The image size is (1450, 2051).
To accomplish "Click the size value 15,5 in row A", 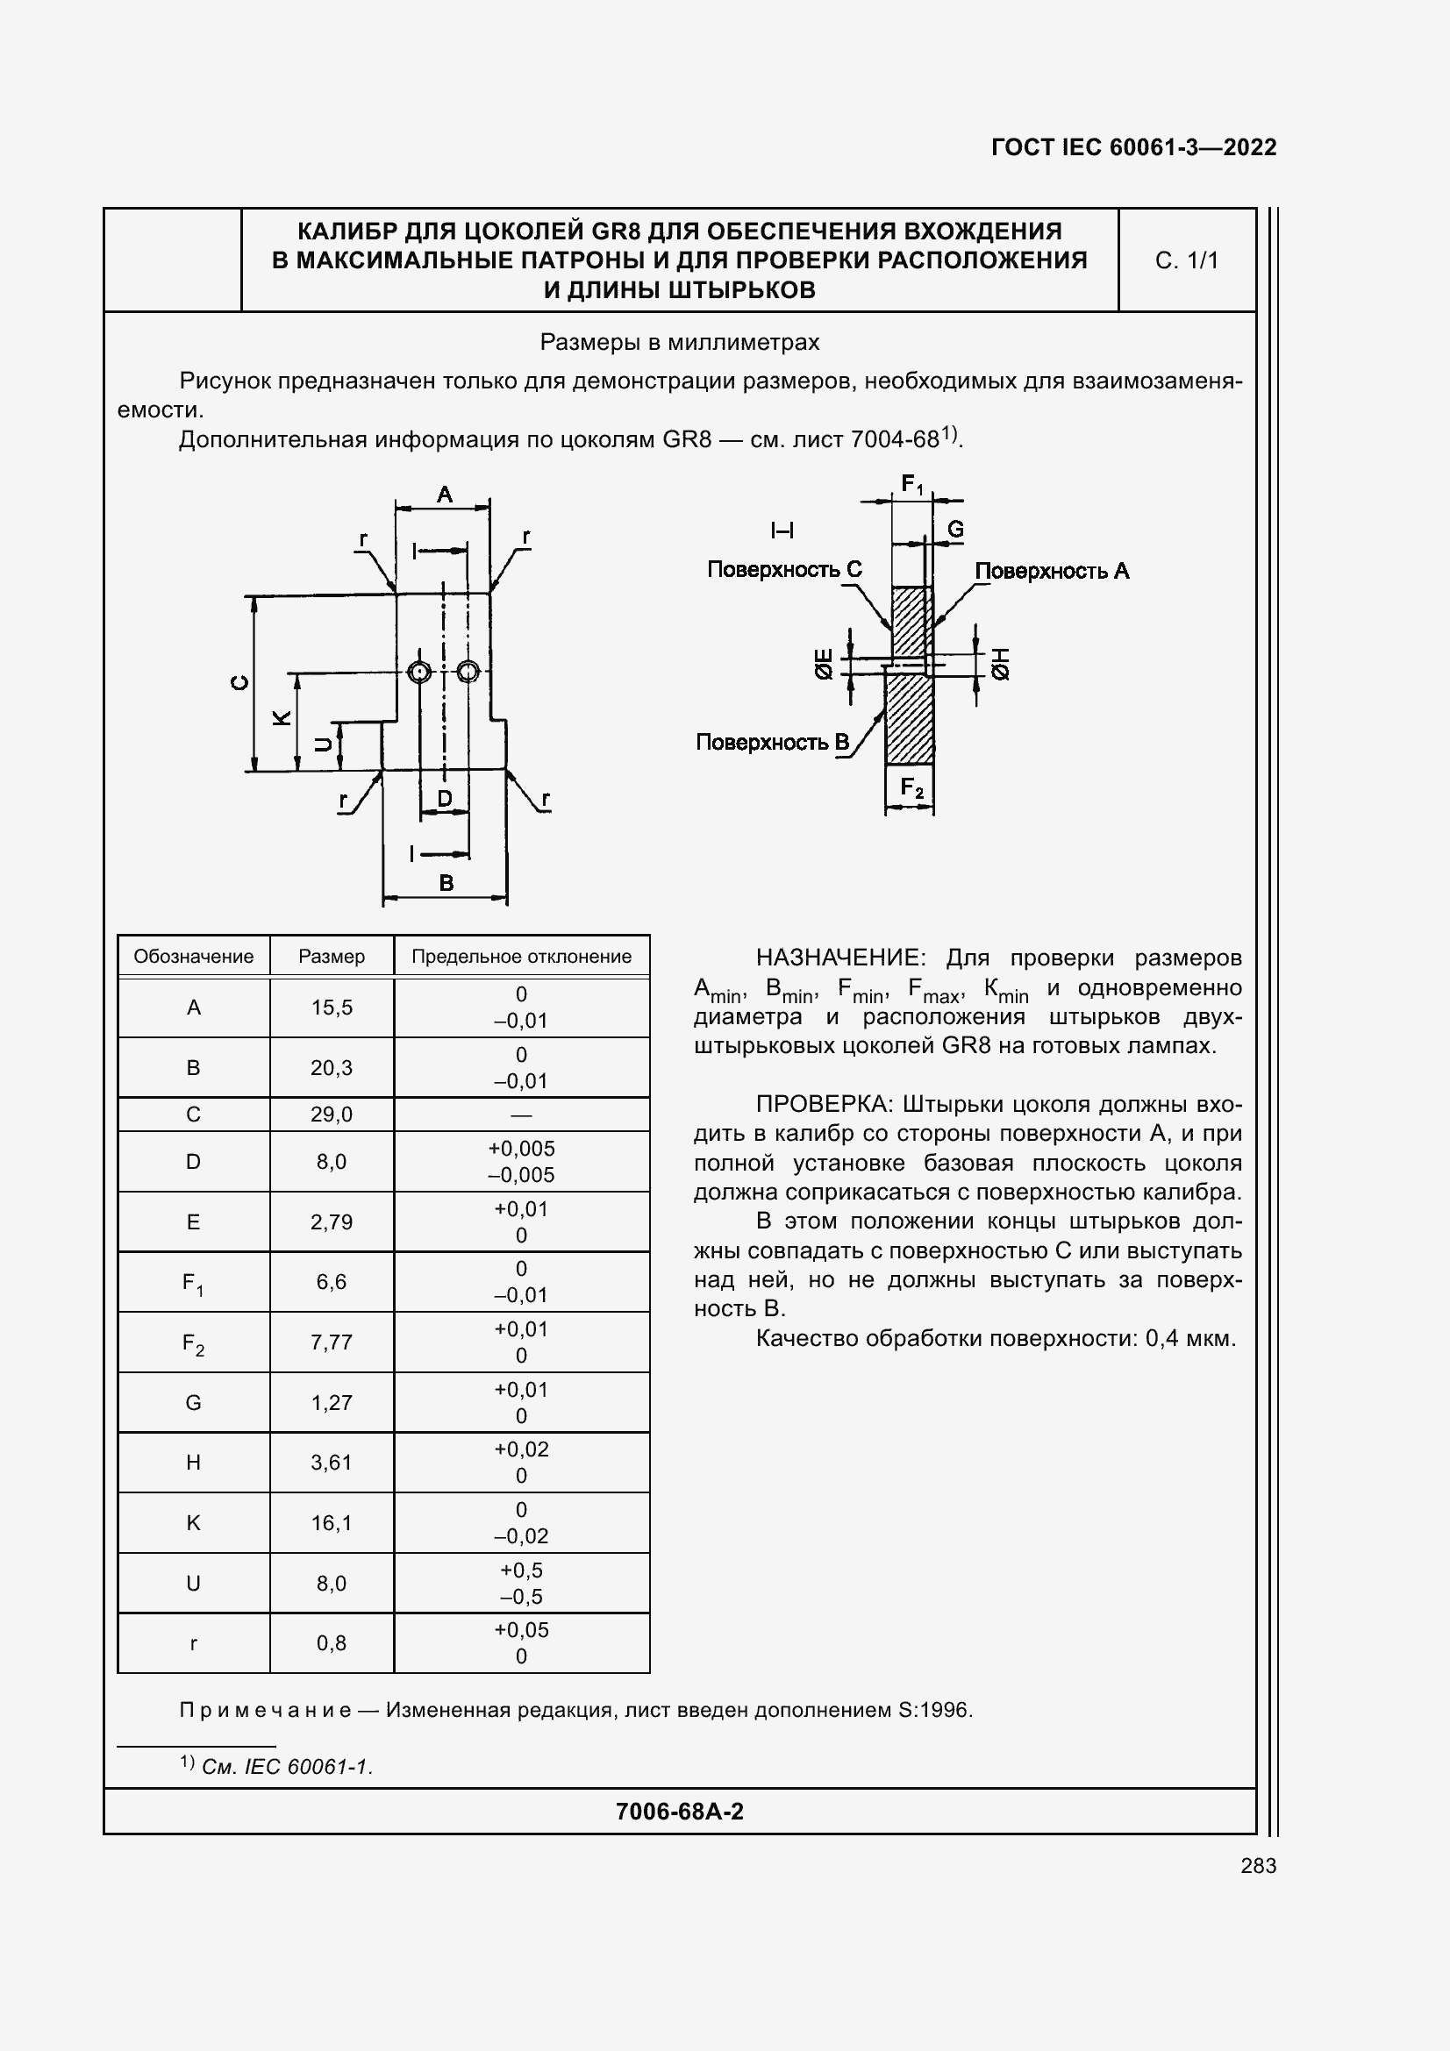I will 332,1008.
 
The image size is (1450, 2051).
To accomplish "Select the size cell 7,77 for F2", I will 332,1342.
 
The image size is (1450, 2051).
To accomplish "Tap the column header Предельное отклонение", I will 521,957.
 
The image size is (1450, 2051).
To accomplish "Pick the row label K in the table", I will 193,1523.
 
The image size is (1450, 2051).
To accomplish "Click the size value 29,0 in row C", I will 332,1114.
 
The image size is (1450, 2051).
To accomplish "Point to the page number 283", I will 1258,1865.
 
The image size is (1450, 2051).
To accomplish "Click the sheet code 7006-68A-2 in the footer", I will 679,1811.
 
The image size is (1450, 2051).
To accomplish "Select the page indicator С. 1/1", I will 1187,260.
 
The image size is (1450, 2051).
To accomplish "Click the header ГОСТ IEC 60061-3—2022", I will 1133,147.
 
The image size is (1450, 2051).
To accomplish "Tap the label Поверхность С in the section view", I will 783,569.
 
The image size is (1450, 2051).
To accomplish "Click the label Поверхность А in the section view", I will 1052,571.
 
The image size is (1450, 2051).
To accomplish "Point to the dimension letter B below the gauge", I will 446,884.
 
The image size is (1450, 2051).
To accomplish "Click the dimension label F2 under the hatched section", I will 911,788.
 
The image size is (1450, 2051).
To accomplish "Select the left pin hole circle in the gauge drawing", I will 419,672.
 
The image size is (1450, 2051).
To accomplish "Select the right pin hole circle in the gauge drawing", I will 468,672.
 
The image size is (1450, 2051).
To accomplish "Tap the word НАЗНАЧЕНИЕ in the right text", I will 836,958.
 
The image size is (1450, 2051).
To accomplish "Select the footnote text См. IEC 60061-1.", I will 287,1766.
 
